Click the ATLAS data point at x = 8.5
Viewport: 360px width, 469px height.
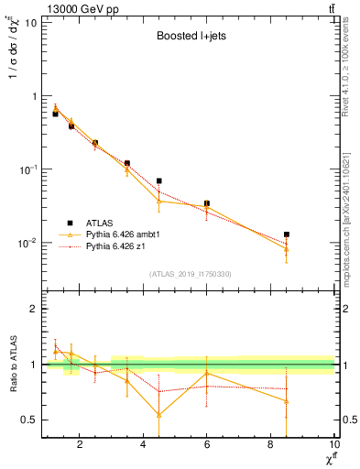pyautogui.click(x=288, y=234)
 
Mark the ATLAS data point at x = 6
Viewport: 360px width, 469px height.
pyautogui.click(x=207, y=203)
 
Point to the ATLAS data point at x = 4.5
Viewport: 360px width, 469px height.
pyautogui.click(x=159, y=181)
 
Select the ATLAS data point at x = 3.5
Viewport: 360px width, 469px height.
pyautogui.click(x=127, y=163)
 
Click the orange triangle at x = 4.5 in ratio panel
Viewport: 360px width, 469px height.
pyautogui.click(x=159, y=414)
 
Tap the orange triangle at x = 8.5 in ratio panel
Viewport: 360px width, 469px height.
pyautogui.click(x=288, y=400)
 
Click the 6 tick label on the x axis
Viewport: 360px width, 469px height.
pyautogui.click(x=207, y=446)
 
